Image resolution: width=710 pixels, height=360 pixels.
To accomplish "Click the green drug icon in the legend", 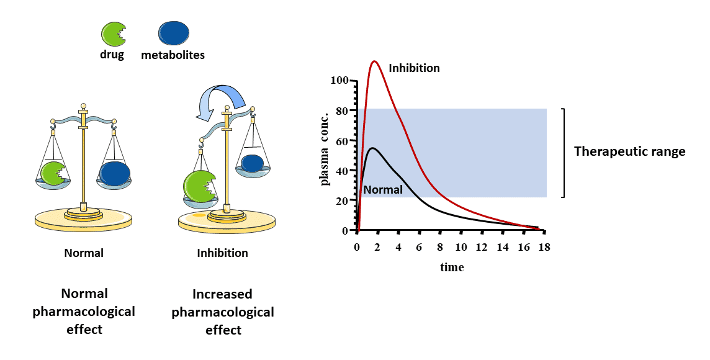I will (x=112, y=34).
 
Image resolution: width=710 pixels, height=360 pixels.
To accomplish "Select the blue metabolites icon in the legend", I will (x=174, y=34).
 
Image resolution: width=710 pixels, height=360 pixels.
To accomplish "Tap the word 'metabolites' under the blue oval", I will (x=173, y=55).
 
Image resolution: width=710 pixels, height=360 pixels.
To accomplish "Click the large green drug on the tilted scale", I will (x=199, y=187).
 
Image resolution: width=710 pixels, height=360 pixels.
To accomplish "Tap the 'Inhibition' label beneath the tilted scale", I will (x=222, y=253).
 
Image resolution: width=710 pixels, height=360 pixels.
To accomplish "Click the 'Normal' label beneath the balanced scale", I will (x=84, y=253).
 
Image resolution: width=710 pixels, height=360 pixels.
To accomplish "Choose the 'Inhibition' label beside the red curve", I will (x=414, y=68).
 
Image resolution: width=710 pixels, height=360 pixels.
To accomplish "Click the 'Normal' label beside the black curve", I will (x=383, y=190).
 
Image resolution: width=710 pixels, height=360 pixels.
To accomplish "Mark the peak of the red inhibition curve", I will (x=374, y=61).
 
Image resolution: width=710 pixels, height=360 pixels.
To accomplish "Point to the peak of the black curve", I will (x=372, y=148).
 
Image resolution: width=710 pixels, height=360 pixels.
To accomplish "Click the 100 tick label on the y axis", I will (x=340, y=81).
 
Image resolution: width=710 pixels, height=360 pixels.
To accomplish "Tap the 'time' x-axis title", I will (x=452, y=268).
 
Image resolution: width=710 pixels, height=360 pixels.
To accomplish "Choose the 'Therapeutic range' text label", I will (x=629, y=151).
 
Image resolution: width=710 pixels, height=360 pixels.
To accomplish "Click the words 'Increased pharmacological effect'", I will (x=223, y=312).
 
